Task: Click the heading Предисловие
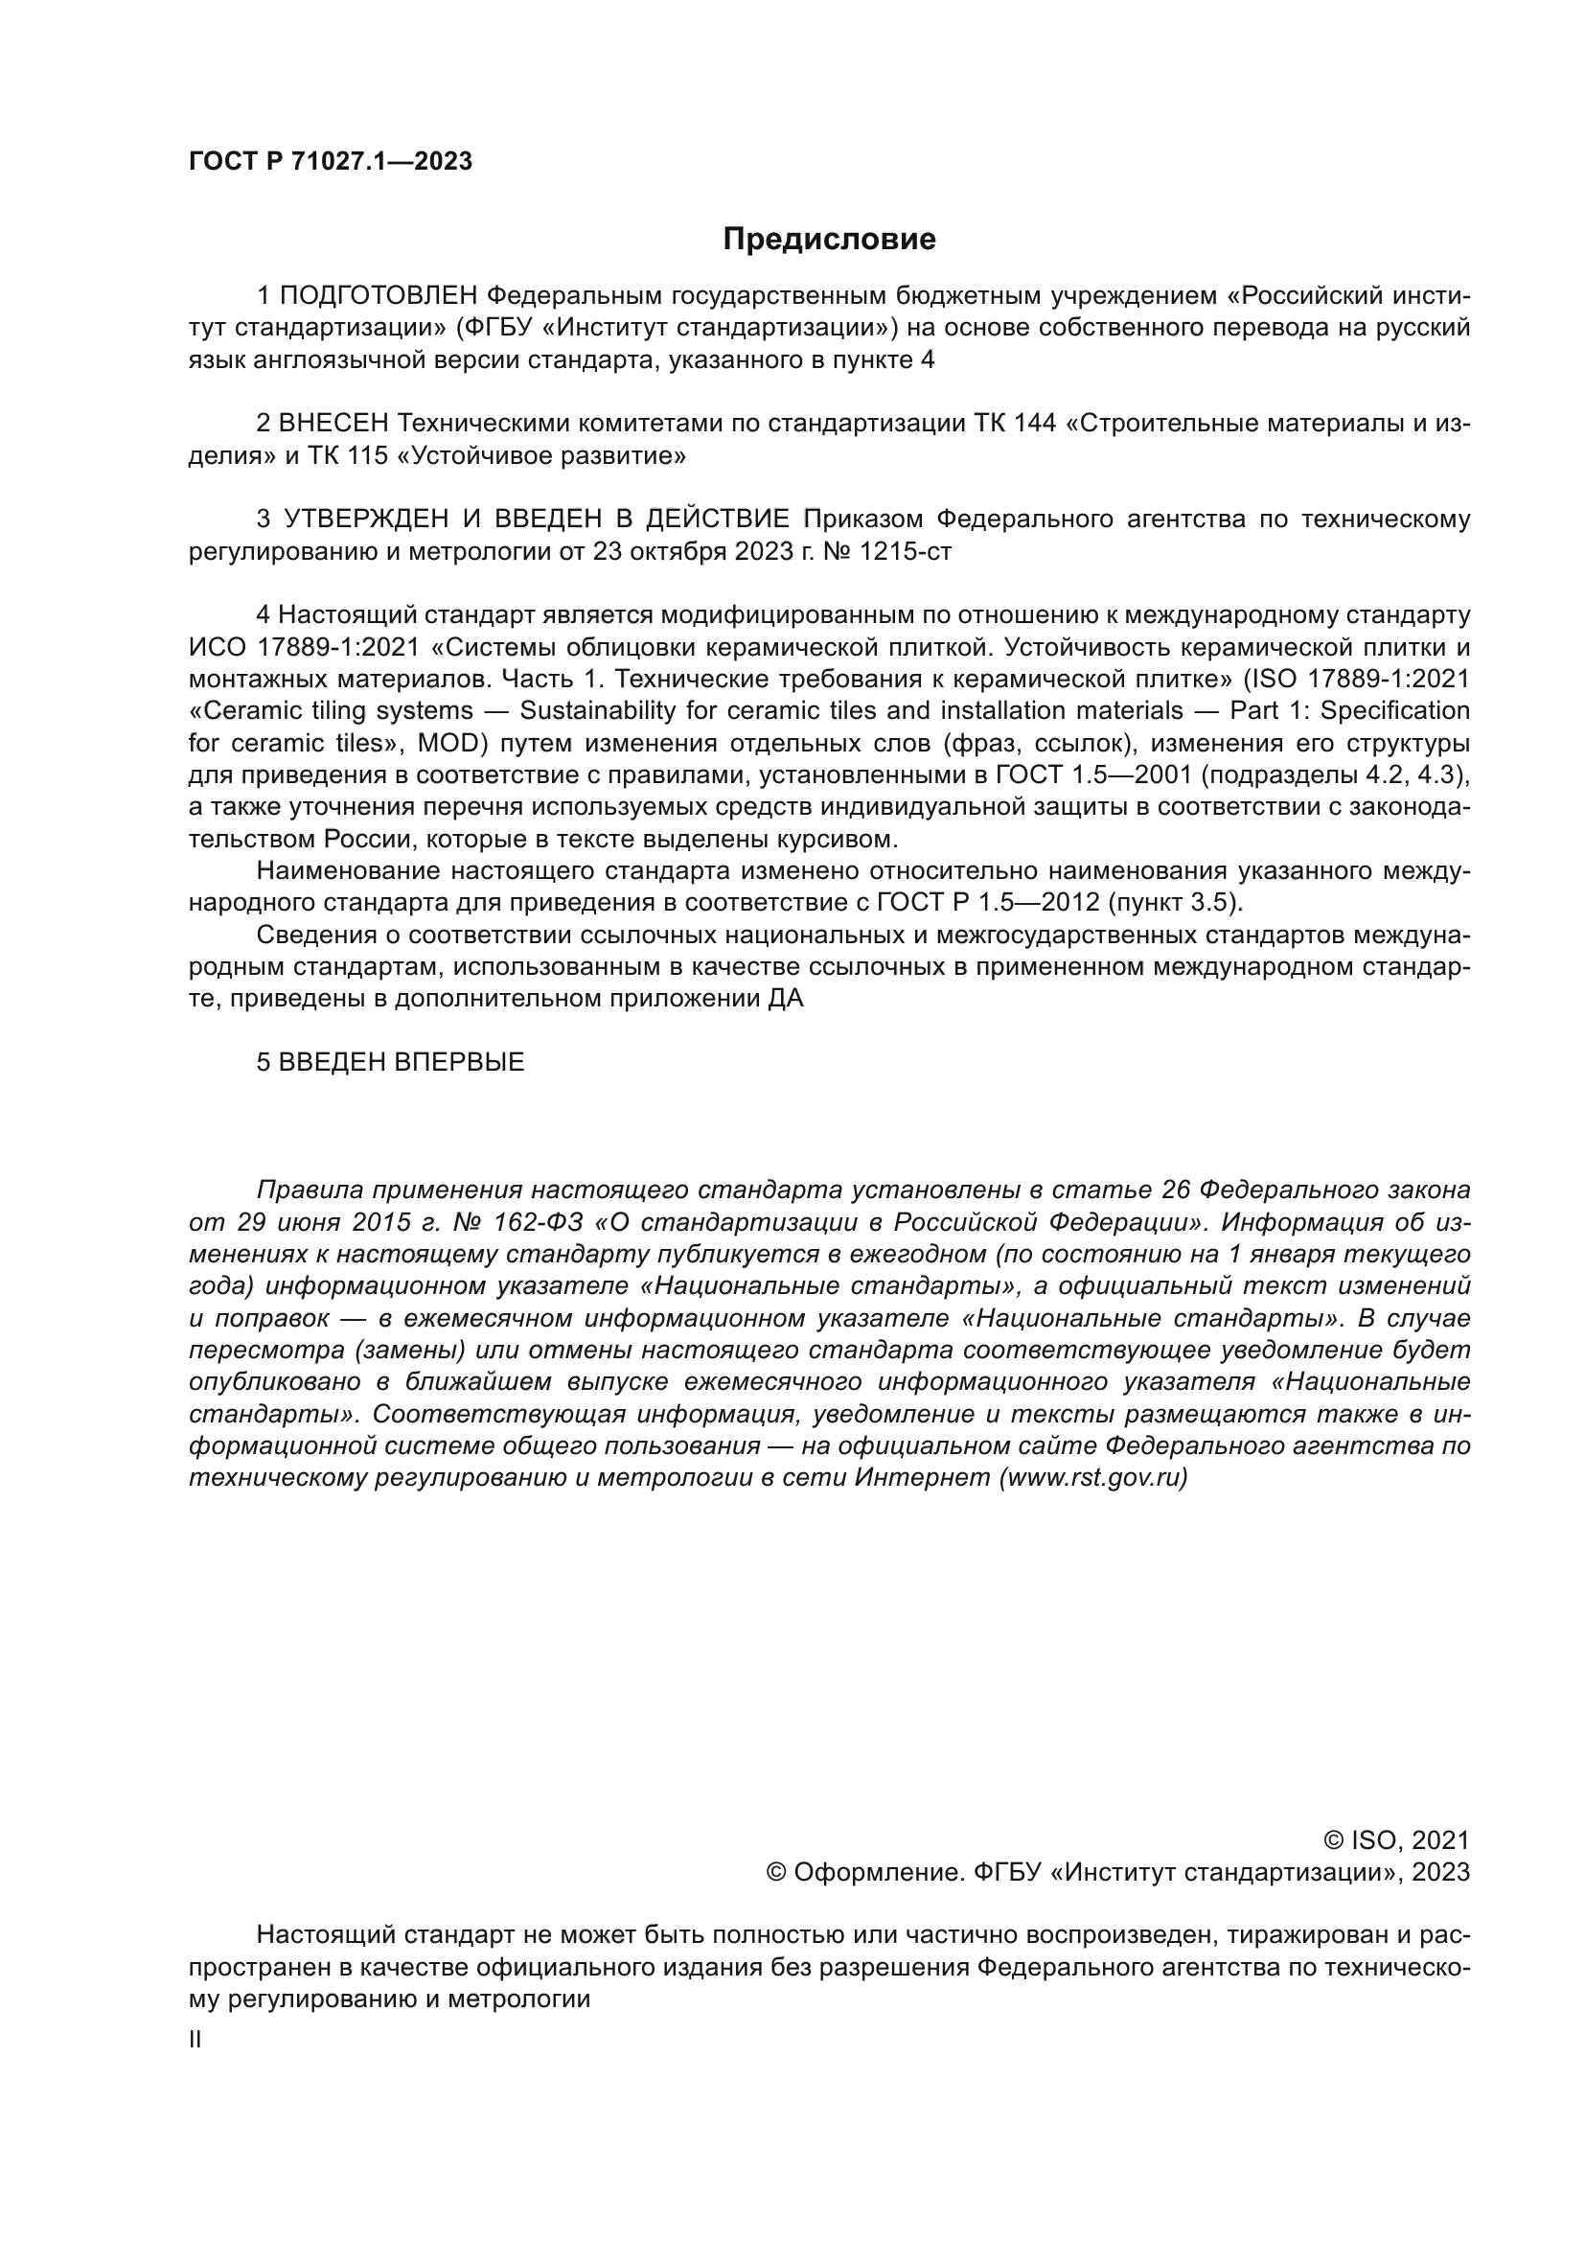(x=829, y=240)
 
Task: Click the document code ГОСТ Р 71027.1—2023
(x=330, y=162)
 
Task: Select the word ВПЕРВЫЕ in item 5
(x=459, y=1062)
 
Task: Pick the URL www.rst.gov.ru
(x=1093, y=1478)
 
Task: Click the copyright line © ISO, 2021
(x=1395, y=1840)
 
